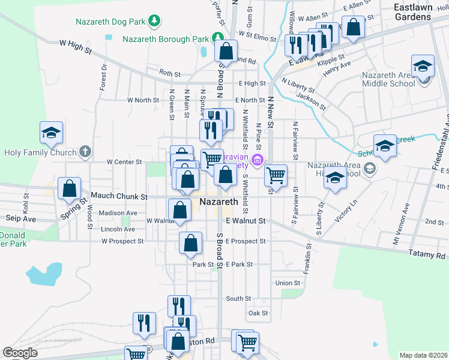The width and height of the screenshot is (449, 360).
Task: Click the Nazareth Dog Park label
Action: pyautogui.click(x=111, y=22)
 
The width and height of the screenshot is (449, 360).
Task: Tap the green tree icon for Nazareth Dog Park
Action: pyautogui.click(x=155, y=22)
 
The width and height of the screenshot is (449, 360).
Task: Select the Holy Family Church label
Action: pyautogui.click(x=40, y=152)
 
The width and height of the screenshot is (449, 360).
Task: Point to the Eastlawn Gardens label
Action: pyautogui.click(x=421, y=12)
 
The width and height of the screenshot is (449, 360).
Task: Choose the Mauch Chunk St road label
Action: pyautogui.click(x=119, y=196)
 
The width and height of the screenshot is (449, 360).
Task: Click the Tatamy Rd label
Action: pyautogui.click(x=427, y=255)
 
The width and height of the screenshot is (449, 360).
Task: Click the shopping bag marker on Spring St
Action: pyautogui.click(x=70, y=188)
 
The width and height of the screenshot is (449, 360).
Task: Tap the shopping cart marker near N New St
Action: pyautogui.click(x=276, y=175)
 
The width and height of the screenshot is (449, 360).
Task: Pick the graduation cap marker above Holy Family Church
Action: pyautogui.click(x=51, y=133)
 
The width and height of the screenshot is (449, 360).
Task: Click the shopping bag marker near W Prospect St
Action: pyautogui.click(x=190, y=243)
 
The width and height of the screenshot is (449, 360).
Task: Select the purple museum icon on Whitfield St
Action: pyautogui.click(x=258, y=160)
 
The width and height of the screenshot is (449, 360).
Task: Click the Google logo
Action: pyautogui.click(x=20, y=353)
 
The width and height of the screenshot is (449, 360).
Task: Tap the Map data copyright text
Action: pyautogui.click(x=423, y=355)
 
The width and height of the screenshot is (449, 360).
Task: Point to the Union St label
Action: pyautogui.click(x=288, y=283)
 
